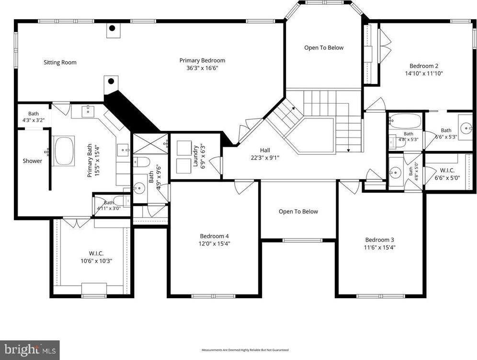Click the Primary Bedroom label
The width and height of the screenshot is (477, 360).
202,60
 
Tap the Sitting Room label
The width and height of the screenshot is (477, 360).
60,62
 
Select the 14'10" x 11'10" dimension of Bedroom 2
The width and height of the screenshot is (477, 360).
423,74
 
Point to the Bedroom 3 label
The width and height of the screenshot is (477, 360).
379,240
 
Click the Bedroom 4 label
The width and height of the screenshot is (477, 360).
214,236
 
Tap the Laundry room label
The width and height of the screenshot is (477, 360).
196,155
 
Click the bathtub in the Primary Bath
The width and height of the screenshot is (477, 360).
64,151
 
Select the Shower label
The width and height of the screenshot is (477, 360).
33,161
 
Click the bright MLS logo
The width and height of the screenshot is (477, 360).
30,349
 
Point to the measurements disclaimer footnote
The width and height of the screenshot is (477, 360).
245,350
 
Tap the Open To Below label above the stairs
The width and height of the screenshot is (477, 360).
324,47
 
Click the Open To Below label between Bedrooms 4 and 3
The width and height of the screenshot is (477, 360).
298,211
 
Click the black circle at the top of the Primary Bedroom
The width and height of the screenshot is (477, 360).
112,28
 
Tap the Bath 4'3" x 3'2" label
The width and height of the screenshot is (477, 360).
34,117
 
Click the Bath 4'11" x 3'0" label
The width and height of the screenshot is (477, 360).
110,206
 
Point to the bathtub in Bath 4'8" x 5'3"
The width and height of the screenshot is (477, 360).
405,120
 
